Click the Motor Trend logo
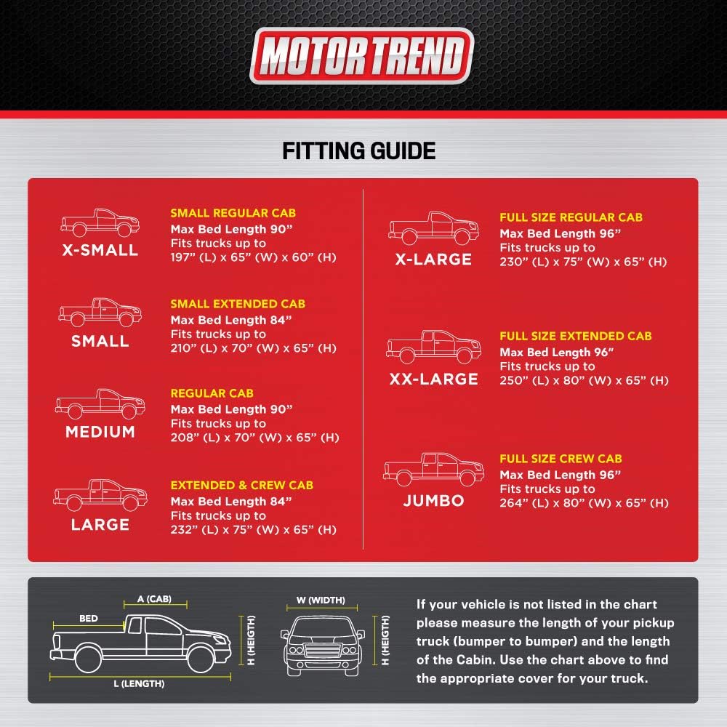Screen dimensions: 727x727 tap(361, 56)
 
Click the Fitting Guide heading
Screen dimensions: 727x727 tap(359, 150)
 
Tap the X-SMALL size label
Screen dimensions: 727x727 tap(100, 250)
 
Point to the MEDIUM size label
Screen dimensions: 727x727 tap(100, 432)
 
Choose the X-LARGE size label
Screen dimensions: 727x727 tap(433, 260)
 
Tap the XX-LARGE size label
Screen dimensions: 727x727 tap(433, 379)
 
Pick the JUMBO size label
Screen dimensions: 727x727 tap(433, 500)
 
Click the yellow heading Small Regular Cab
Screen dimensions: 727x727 tap(233, 213)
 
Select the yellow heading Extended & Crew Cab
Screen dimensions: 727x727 tap(242, 485)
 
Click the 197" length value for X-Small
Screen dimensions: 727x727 tap(182, 257)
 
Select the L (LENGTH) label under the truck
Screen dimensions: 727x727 tap(139, 683)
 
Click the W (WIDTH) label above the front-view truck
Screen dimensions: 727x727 tap(321, 601)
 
